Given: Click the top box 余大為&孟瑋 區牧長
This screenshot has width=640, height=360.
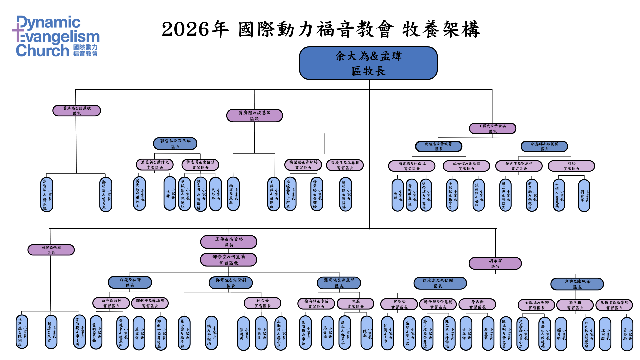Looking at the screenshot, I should point(368,63).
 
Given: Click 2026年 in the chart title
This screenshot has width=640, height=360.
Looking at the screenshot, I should point(195,29).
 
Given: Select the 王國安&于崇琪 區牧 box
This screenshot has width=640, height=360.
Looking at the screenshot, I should point(492,128).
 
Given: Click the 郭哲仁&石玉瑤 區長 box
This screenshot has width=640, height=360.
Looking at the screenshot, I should point(175,143).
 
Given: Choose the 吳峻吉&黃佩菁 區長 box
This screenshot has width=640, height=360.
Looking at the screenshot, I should point(439,146).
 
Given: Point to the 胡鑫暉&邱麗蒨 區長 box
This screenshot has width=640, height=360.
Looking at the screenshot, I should point(544,146).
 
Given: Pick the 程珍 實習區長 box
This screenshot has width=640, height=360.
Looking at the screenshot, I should point(571,166).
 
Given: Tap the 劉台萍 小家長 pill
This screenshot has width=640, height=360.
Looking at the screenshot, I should point(584,196).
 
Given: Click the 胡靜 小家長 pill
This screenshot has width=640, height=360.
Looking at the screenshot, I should point(398,195).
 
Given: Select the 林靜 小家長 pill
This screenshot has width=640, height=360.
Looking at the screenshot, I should point(170,194).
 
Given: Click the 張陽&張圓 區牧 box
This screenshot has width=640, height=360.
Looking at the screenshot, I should point(51,250).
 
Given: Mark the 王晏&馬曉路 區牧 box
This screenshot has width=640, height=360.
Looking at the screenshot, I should point(229,242).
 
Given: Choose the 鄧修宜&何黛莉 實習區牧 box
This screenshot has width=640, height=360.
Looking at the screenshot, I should point(229,260).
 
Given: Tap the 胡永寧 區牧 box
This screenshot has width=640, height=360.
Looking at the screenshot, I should point(495,263).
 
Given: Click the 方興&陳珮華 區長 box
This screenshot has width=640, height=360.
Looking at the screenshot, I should point(577,284).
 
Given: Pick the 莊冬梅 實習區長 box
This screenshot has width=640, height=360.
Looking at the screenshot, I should point(575,305).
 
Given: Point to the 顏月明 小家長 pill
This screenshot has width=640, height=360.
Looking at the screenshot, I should point(561,334).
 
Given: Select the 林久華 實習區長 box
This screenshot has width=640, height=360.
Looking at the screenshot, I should point(263,303).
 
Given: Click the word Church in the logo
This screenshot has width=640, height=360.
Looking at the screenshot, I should point(42,51).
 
